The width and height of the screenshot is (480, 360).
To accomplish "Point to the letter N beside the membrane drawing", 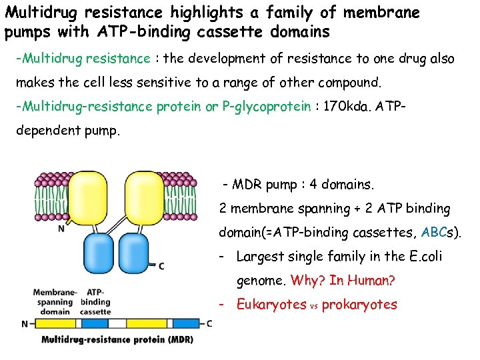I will (x=61, y=229).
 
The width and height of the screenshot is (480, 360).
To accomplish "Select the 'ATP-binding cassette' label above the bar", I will (x=95, y=301).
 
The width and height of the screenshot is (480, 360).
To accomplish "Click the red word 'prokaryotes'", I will (x=359, y=305).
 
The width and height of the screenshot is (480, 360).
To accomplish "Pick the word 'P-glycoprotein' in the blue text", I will (x=267, y=107).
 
